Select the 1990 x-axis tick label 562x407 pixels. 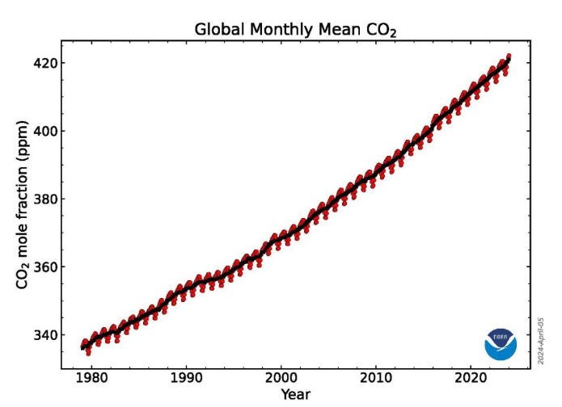(186, 379)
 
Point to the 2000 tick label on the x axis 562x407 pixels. (281, 379)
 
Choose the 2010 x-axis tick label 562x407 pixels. (375, 379)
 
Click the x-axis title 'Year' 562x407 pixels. (294, 394)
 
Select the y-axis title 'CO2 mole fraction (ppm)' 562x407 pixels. (22, 205)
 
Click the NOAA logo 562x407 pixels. (501, 344)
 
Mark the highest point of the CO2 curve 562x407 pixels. (509, 56)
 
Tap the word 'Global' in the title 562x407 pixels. (219, 30)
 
